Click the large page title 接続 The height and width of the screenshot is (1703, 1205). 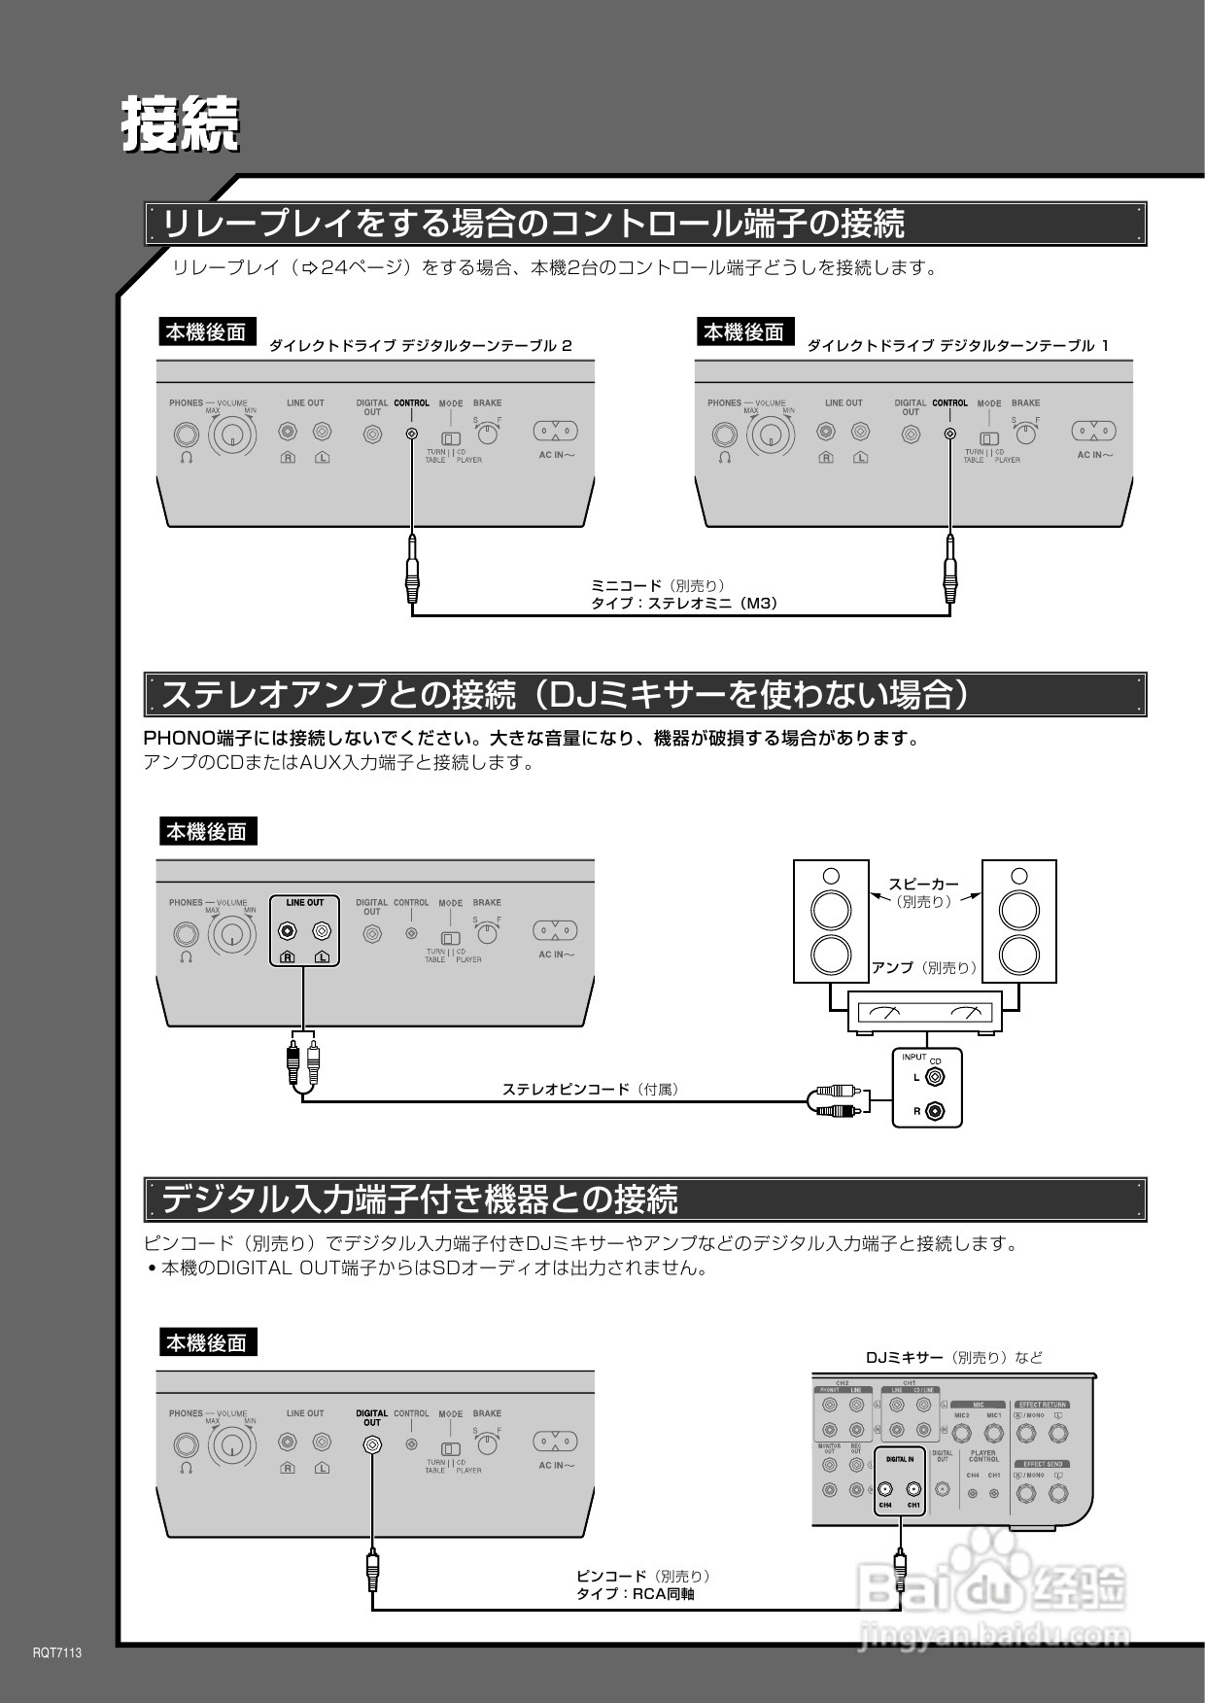pos(180,123)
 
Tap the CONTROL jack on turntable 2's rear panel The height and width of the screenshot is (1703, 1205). pos(412,434)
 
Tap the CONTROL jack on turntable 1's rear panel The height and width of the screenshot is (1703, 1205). pos(950,434)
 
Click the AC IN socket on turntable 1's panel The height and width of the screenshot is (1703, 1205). pos(1093,431)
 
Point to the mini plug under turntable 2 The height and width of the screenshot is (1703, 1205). pos(412,573)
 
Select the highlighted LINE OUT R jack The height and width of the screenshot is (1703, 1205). pos(288,932)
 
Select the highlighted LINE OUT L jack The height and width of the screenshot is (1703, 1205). pos(322,932)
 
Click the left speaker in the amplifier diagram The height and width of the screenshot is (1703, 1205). pos(831,921)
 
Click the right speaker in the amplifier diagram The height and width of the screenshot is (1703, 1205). pos(1019,921)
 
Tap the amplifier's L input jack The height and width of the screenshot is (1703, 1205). pos(935,1076)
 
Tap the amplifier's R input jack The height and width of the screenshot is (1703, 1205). pos(935,1109)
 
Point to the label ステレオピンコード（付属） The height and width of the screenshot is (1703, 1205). pos(590,1089)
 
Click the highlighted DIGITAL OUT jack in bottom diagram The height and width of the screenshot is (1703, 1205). pos(371,1444)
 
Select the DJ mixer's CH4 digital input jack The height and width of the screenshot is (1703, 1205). pos(885,1489)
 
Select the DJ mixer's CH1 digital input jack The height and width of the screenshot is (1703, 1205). pos(913,1489)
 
